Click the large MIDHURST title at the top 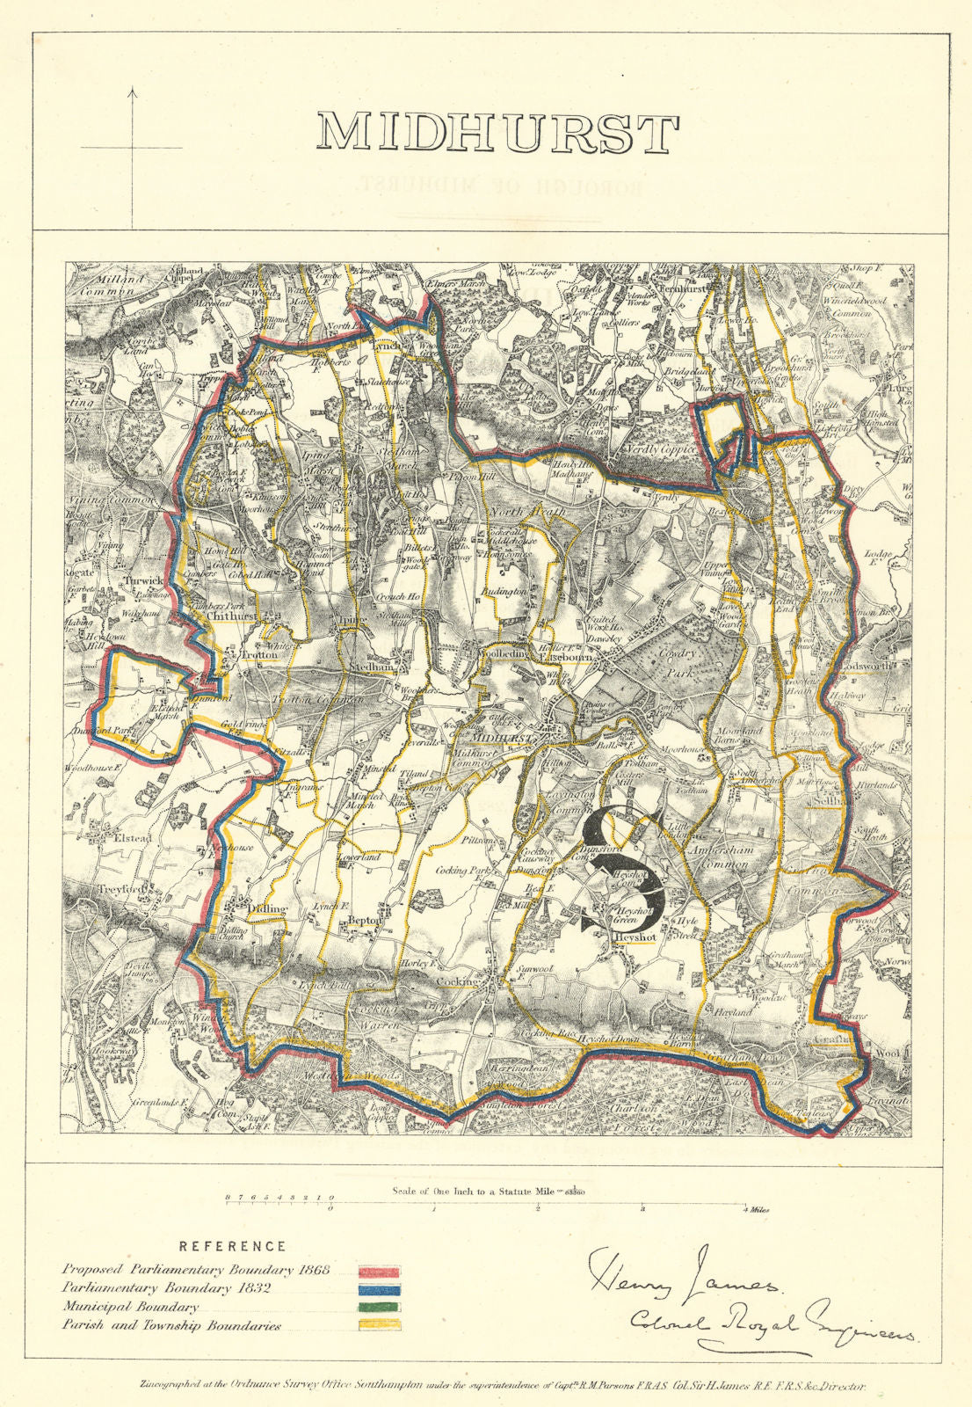pos(497,134)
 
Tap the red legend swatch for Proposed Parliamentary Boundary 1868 pos(379,1272)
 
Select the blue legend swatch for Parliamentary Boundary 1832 pos(379,1290)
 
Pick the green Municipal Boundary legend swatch pos(379,1308)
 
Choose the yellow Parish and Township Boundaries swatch pos(379,1325)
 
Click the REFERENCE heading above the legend pos(232,1246)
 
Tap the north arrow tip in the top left pos(133,90)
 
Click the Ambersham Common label pos(719,858)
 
